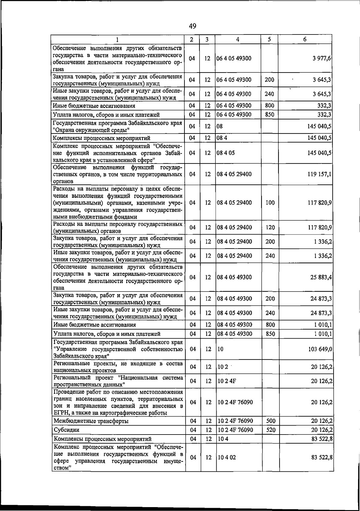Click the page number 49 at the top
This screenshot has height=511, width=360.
(193, 26)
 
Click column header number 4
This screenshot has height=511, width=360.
(238, 39)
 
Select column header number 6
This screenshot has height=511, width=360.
(304, 39)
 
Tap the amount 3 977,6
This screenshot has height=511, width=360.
(322, 58)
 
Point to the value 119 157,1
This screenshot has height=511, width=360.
(319, 174)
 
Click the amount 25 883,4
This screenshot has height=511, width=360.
(321, 277)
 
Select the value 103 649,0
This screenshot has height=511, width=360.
(320, 349)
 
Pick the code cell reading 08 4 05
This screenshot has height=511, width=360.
(226, 153)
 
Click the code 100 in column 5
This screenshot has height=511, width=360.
(270, 203)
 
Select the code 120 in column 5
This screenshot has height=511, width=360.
(270, 228)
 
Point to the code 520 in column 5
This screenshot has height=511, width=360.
(271, 430)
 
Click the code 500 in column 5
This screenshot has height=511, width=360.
(271, 421)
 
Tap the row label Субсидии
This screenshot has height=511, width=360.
(66, 430)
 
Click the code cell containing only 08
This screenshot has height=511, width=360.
(220, 127)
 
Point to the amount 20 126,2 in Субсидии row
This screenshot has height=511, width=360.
(322, 430)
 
